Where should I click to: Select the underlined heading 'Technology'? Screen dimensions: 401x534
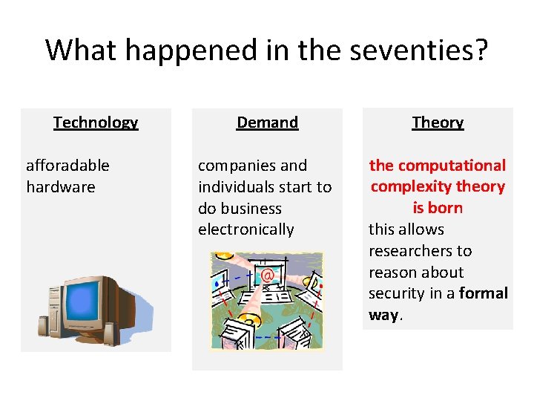point(96,123)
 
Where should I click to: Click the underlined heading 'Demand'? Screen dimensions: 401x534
point(267,123)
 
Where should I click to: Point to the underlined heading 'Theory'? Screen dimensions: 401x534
point(438,123)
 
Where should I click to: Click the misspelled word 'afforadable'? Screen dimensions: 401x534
point(67,166)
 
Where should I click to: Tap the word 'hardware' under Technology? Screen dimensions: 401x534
point(61,187)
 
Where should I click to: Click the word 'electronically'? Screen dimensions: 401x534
point(245,230)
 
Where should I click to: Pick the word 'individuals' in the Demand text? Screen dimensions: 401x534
point(237,187)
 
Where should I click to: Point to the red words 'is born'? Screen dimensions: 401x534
point(438,208)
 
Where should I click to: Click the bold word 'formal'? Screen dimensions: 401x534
point(484,293)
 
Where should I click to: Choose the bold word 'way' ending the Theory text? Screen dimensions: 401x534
point(383,315)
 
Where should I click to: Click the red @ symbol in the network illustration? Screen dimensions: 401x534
point(268,276)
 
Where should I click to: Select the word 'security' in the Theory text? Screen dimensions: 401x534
point(397,293)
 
